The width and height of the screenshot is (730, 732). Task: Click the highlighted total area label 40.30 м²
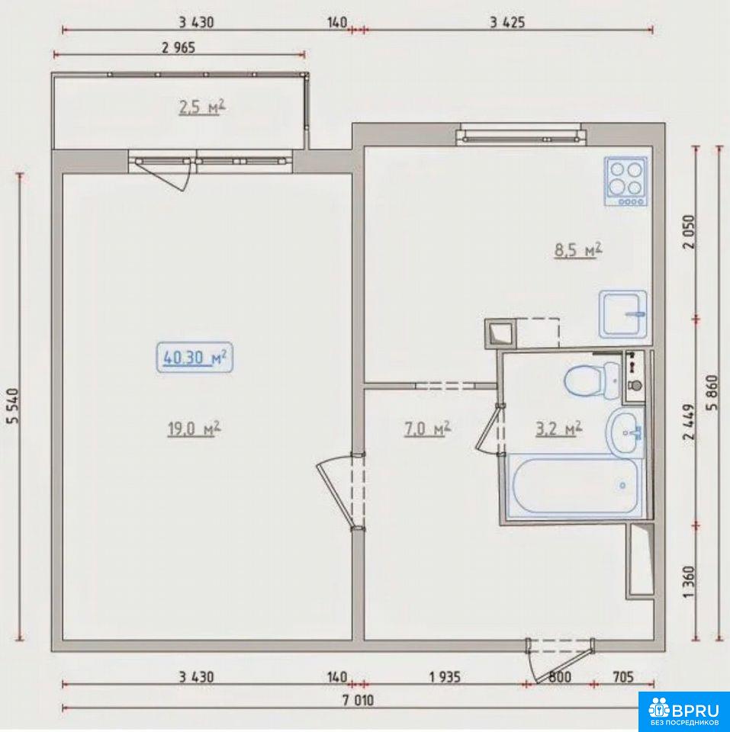pos(195,358)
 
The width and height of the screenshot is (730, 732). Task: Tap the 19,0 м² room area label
pos(194,429)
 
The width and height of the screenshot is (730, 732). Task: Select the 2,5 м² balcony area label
pos(203,107)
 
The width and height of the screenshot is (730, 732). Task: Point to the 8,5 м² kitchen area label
pos(577,250)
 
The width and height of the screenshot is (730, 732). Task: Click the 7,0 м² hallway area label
pos(427,428)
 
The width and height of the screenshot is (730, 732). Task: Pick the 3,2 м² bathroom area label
pos(558,428)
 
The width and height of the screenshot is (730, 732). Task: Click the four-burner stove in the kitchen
pos(625,181)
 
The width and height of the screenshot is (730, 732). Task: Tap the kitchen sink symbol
pos(623,313)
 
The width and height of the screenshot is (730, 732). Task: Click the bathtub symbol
pos(575,488)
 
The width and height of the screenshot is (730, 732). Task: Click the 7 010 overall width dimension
pos(359,700)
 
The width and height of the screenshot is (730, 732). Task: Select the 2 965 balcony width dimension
pos(178,47)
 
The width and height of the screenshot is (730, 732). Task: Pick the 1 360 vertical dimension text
pos(689,581)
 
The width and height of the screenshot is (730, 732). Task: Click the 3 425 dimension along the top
pos(507,22)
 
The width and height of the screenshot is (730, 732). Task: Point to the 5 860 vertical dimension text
pos(712,392)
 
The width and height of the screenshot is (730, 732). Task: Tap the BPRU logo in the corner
pos(683,711)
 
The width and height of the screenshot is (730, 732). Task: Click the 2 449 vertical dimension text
pos(689,422)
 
